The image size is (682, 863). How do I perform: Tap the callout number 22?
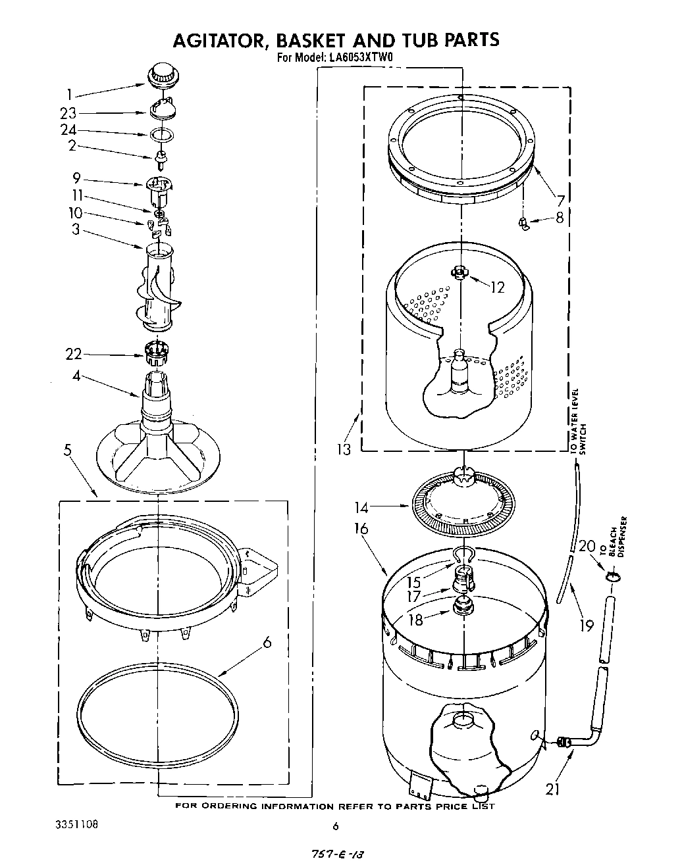click(x=73, y=355)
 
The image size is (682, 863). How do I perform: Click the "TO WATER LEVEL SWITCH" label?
click(x=577, y=421)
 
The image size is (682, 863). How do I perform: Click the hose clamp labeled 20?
click(x=613, y=577)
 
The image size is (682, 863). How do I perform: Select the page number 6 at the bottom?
click(x=335, y=826)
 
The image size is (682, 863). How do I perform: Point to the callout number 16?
click(x=360, y=529)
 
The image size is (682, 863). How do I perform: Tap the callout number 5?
click(x=67, y=451)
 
